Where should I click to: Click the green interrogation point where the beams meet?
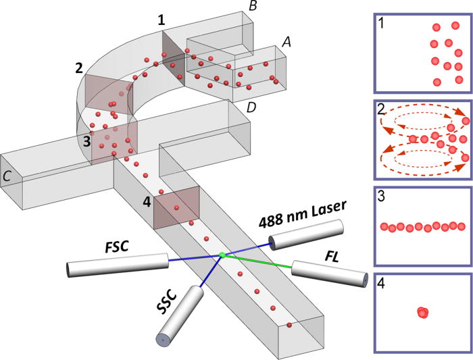click(221, 255)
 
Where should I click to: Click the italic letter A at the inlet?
click(286, 41)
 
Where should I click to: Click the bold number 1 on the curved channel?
click(161, 20)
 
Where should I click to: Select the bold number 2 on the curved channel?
click(79, 68)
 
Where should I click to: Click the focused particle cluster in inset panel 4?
click(423, 312)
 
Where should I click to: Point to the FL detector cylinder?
click(329, 274)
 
